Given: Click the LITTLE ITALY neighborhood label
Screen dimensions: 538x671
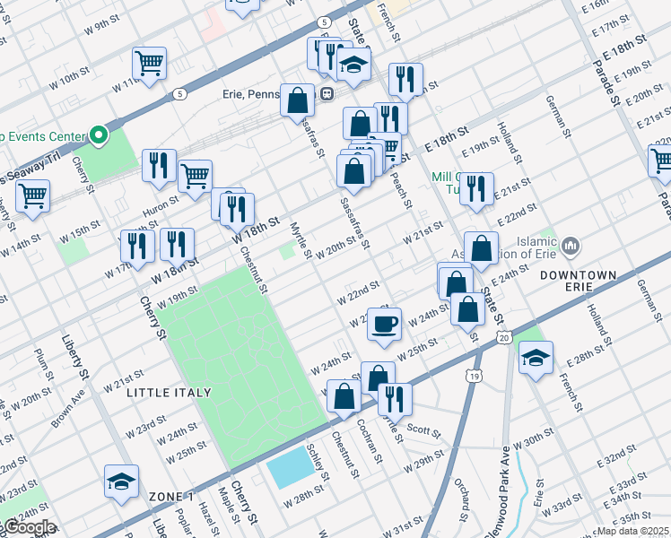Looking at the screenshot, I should coord(169,393).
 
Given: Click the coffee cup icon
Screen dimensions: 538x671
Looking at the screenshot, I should coord(385,324).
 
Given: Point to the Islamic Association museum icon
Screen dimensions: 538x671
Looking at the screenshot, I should coord(571,244).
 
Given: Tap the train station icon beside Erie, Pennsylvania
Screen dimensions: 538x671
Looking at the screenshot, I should coord(328,92).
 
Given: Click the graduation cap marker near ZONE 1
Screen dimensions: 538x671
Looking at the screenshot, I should coord(121,482).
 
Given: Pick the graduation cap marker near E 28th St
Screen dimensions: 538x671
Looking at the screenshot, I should coord(536,358).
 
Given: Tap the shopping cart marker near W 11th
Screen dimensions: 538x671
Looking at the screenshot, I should coord(149,64).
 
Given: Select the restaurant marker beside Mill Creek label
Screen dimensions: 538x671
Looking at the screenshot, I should coord(476,187).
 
